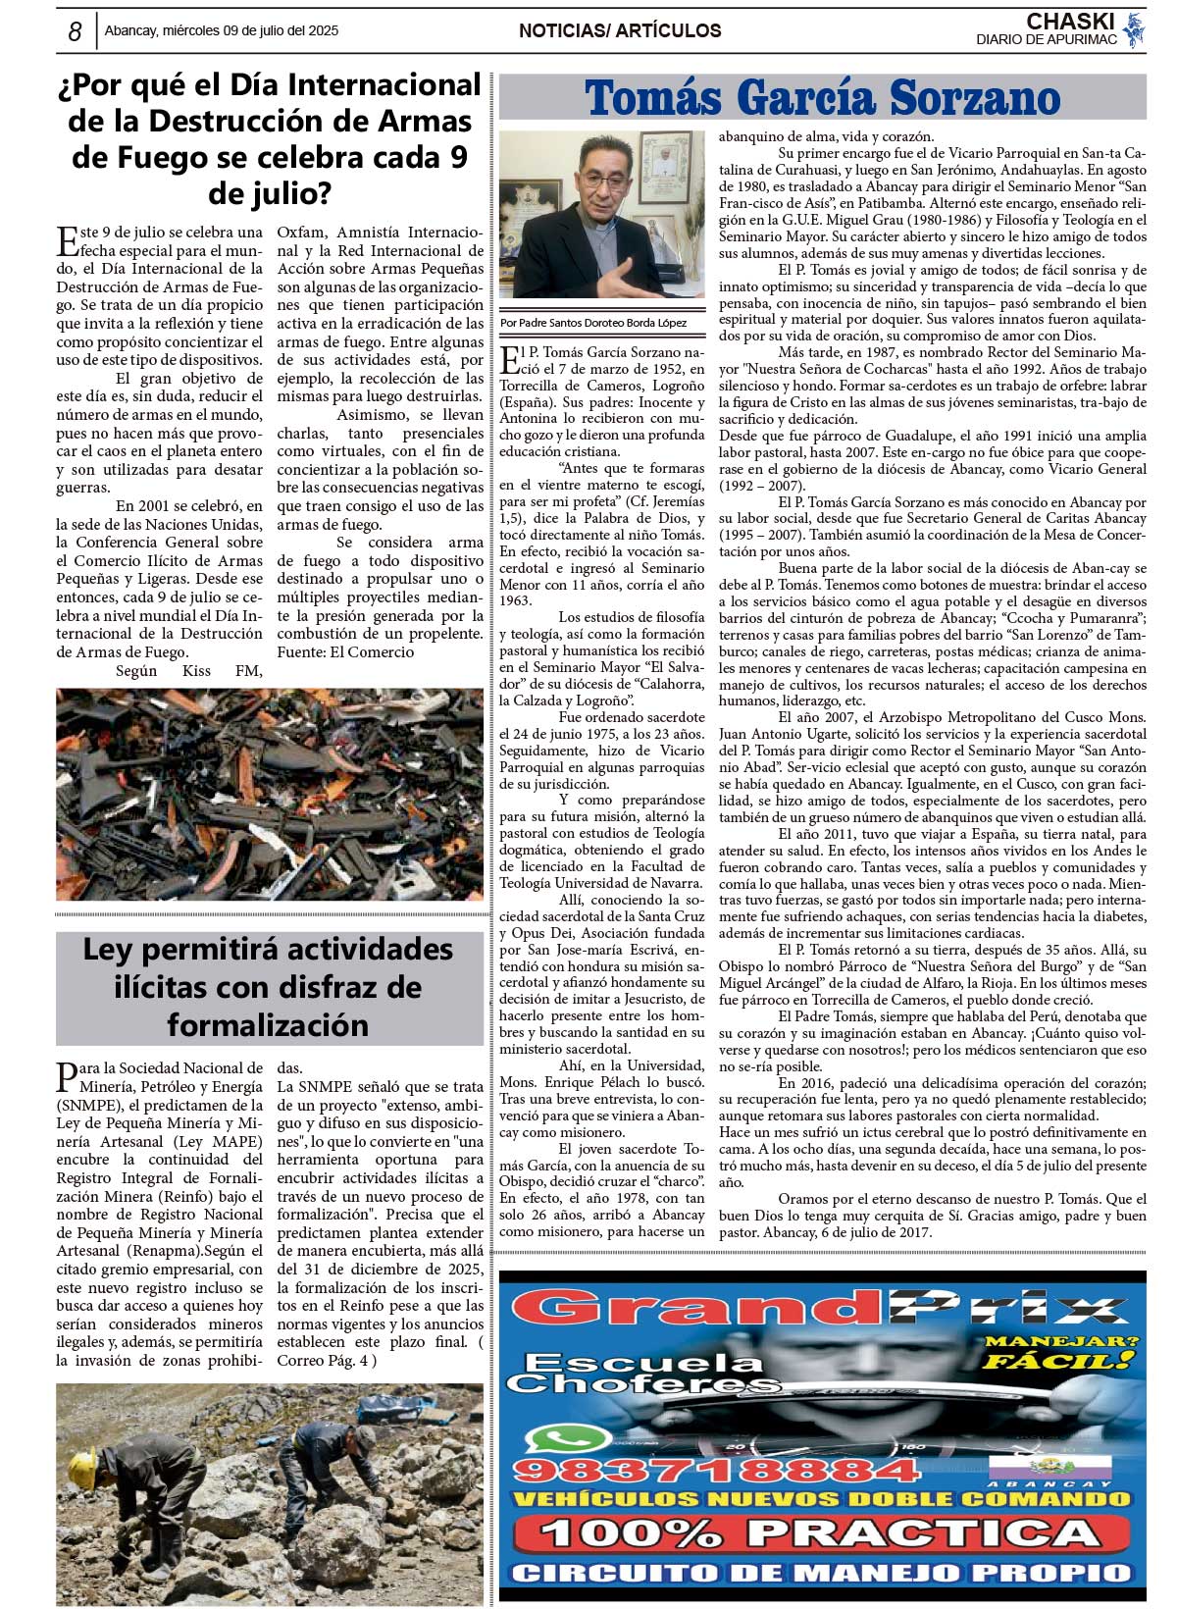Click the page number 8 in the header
point(75,31)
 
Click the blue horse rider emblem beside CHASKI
point(1135,29)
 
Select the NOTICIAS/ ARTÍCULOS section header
point(620,30)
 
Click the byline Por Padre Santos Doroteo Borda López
point(593,323)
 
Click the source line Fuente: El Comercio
point(345,652)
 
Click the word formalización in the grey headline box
point(268,1025)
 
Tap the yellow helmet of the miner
point(83,1462)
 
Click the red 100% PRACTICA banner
point(821,1533)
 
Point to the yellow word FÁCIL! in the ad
point(1059,1361)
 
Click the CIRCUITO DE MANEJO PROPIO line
point(821,1574)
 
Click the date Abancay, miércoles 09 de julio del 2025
point(221,30)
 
